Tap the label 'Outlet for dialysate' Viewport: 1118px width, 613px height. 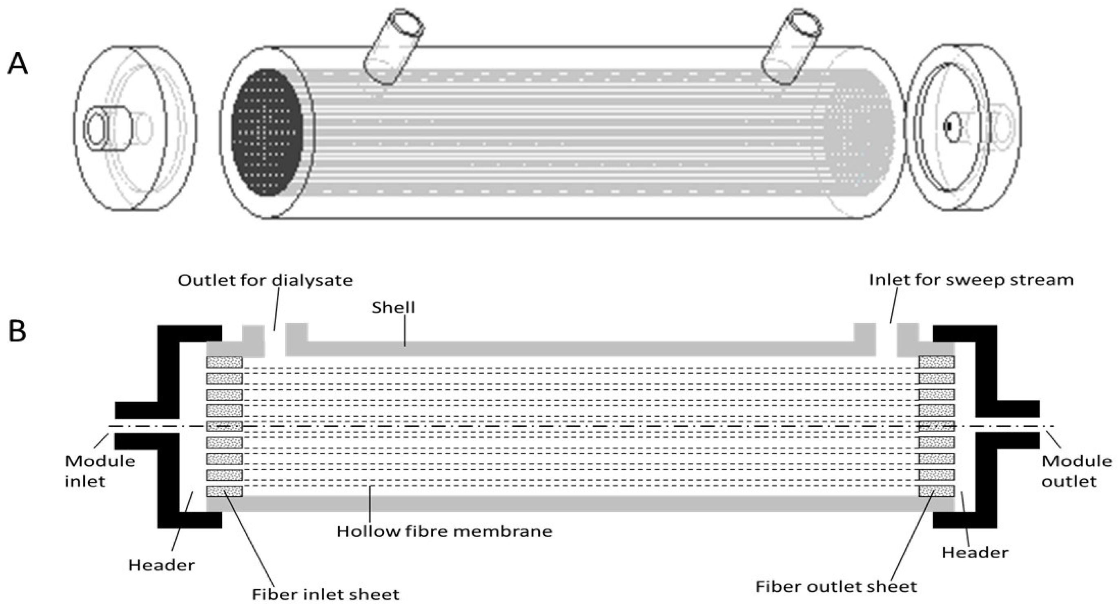point(265,281)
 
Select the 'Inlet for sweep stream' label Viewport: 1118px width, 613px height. point(971,280)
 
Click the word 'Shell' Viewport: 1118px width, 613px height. point(393,308)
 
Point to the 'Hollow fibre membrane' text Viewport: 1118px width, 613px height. point(444,531)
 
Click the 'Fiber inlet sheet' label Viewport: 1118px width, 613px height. point(325,594)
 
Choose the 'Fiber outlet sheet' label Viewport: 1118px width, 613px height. point(836,586)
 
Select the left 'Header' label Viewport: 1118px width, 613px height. point(161,565)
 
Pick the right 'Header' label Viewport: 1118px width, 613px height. point(975,553)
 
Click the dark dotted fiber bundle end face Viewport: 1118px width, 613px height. point(265,132)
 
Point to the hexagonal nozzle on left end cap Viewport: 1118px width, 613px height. point(94,128)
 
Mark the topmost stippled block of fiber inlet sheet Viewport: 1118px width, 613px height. point(225,362)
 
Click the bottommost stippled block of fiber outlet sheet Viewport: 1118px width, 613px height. point(937,491)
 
